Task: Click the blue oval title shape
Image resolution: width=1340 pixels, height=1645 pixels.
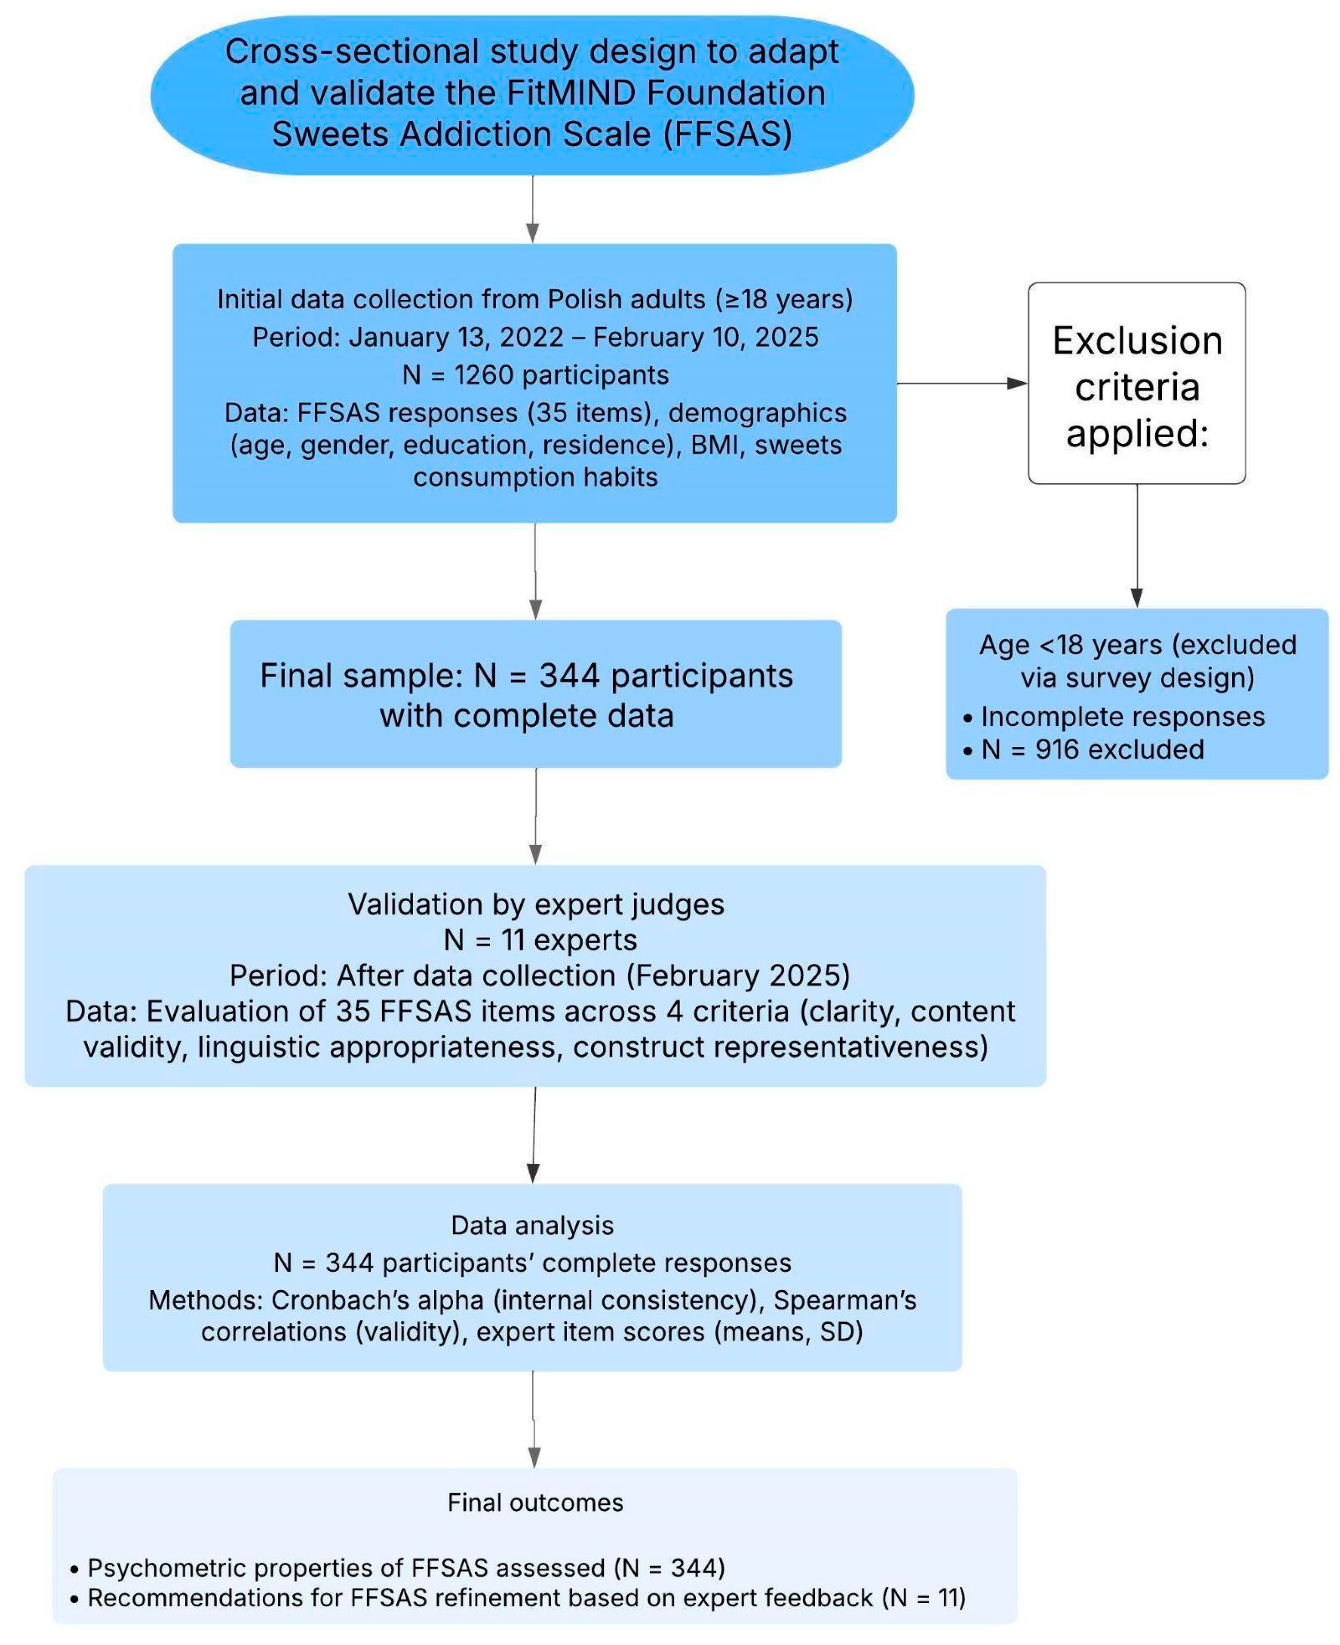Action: point(533,94)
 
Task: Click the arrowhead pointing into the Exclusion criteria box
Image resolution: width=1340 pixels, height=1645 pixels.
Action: point(1017,383)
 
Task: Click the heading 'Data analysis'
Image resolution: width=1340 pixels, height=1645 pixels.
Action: point(533,1225)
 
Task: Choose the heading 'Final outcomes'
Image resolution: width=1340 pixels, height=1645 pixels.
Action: point(535,1502)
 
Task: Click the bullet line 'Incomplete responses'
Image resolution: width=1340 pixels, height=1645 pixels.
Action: point(1122,716)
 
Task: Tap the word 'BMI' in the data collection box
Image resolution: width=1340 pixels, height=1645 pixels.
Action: point(714,445)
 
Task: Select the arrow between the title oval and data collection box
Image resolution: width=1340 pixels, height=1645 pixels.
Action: point(533,208)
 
